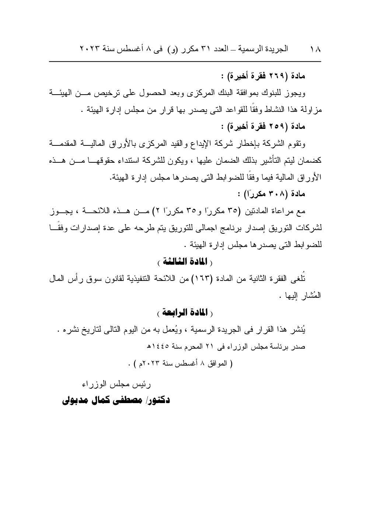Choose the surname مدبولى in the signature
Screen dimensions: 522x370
(76, 400)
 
